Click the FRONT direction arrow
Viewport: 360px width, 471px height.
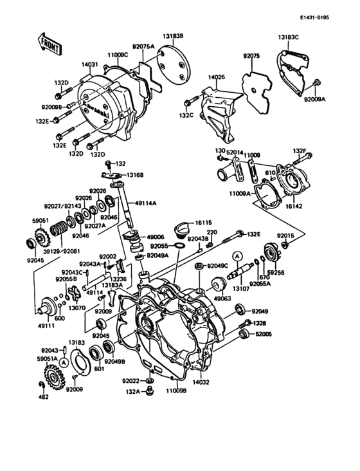[50, 45]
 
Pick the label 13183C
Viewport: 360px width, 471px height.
[289, 37]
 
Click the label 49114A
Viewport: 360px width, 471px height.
[145, 203]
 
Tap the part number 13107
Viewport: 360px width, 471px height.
[241, 289]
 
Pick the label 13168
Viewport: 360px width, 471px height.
[134, 175]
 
